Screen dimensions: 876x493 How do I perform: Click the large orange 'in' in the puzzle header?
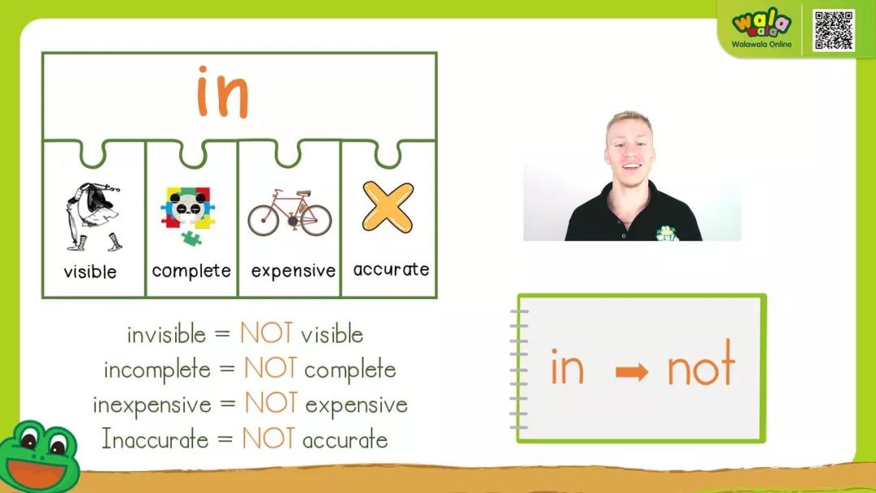tap(222, 92)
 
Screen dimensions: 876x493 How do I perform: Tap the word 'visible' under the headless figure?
tap(90, 272)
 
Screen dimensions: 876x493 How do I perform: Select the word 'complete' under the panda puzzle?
tap(191, 271)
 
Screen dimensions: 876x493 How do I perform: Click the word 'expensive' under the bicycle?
tap(294, 271)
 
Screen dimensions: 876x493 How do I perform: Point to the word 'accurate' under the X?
tap(391, 269)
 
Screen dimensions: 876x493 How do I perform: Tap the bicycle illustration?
tap(290, 212)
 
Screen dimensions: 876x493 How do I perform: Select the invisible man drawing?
tap(93, 216)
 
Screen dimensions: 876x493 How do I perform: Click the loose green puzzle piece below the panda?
tap(191, 238)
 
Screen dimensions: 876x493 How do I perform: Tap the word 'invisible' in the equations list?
tap(166, 334)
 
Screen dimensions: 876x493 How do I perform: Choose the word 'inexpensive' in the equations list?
tap(152, 405)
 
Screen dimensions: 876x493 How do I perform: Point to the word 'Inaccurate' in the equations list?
tap(155, 439)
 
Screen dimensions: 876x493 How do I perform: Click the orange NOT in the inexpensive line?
tap(271, 402)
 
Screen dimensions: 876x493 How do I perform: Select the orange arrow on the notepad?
tap(632, 372)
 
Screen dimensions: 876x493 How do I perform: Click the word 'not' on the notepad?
tap(701, 363)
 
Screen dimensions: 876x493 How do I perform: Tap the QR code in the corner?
tap(834, 30)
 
